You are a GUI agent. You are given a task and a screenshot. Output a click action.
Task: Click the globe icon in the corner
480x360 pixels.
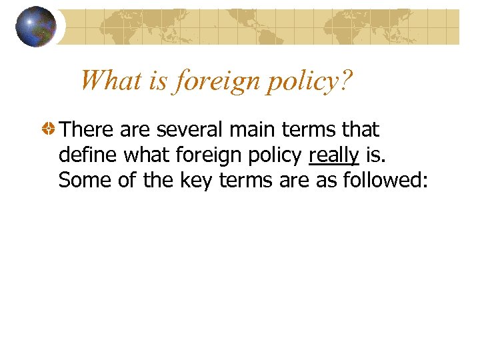tap(36, 27)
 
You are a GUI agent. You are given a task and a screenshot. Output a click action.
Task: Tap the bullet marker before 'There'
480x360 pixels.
tap(48, 129)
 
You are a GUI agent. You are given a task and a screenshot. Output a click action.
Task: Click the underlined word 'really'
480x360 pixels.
tap(334, 155)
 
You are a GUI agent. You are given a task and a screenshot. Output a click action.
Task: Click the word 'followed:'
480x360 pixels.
tap(384, 180)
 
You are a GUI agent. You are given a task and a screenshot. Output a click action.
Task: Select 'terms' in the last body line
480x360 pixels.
tap(246, 180)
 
